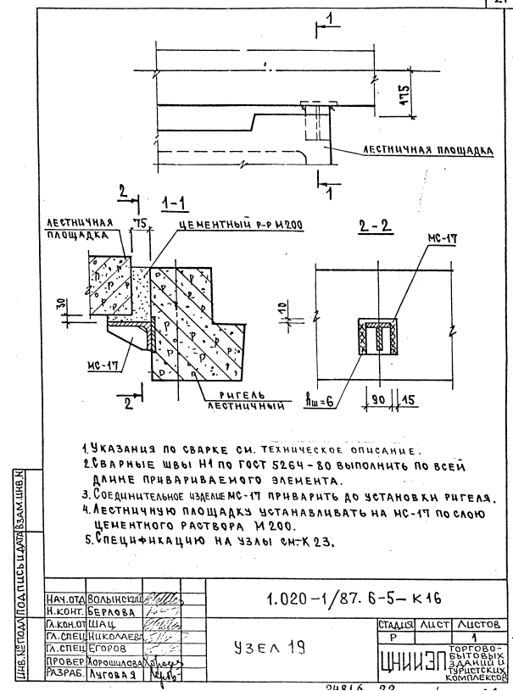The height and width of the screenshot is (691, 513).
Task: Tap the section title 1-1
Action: click(x=176, y=203)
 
